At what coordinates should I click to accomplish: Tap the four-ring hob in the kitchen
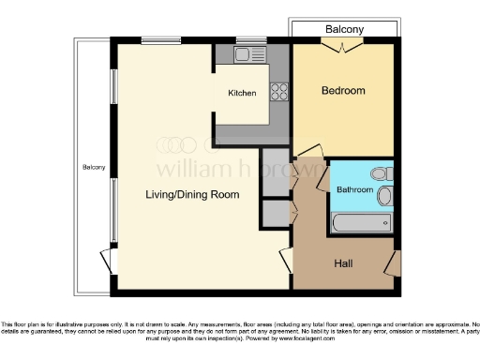point(279,91)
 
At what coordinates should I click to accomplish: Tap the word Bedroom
point(343,91)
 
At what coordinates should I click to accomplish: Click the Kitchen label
point(242,94)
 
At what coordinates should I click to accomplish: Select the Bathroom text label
point(355,190)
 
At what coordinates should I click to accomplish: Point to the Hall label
point(343,263)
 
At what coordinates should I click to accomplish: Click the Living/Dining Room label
point(191,195)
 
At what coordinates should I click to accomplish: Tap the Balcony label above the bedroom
point(344,30)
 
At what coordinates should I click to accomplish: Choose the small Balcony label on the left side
point(93,168)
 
